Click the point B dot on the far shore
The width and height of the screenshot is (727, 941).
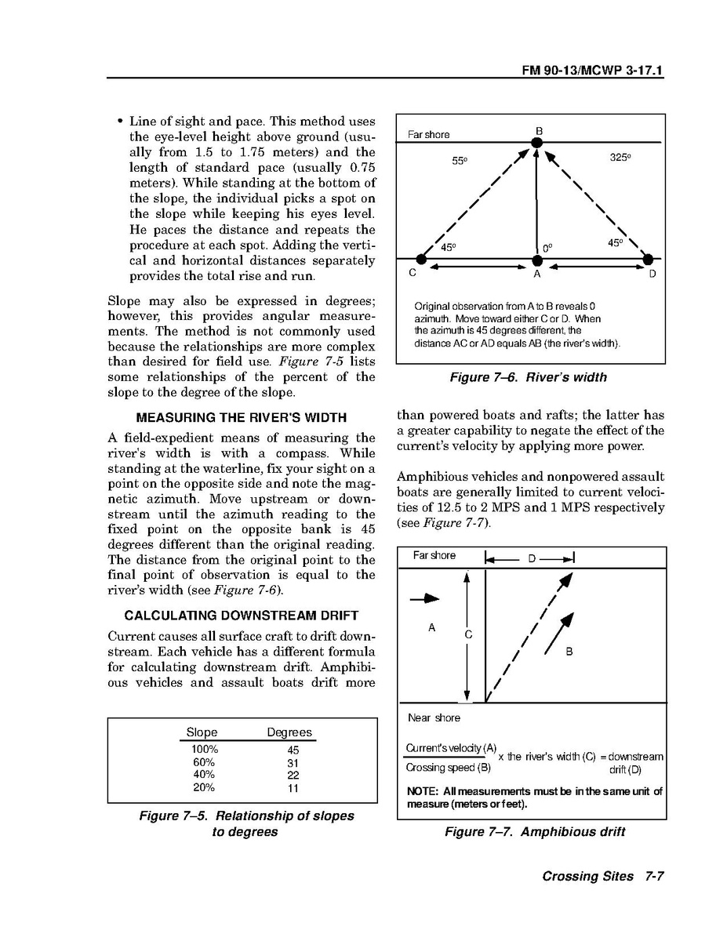537,143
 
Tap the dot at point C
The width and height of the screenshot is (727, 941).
421,259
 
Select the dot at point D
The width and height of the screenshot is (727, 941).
648,259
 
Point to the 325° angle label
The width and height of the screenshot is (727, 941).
620,158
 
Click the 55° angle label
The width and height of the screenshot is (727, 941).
460,162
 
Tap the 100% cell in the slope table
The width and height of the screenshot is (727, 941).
205,750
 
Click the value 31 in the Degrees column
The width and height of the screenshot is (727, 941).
293,762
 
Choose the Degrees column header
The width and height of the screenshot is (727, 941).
289,732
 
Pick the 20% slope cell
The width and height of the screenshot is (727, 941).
204,787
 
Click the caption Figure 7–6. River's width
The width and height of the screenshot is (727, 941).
528,377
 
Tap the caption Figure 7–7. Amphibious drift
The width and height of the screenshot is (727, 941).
534,832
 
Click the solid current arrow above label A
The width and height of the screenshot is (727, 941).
424,598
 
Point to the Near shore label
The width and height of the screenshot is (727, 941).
434,718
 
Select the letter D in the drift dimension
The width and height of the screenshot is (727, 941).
531,558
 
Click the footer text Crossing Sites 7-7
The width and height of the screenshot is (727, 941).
602,877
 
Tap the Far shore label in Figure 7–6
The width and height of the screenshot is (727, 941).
429,135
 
